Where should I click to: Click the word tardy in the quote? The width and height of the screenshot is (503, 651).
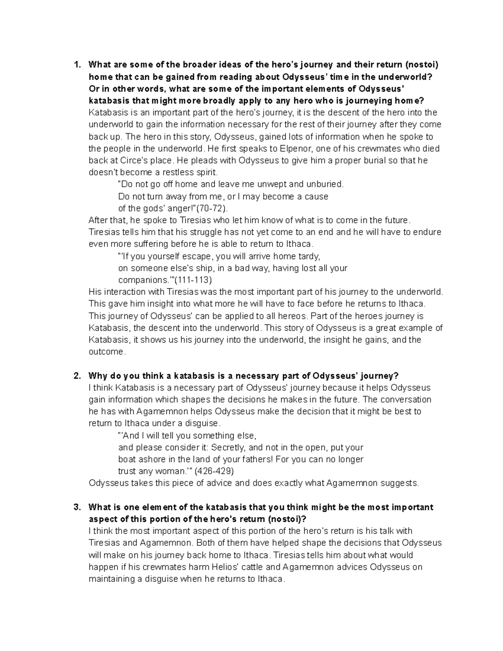[x=309, y=256]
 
